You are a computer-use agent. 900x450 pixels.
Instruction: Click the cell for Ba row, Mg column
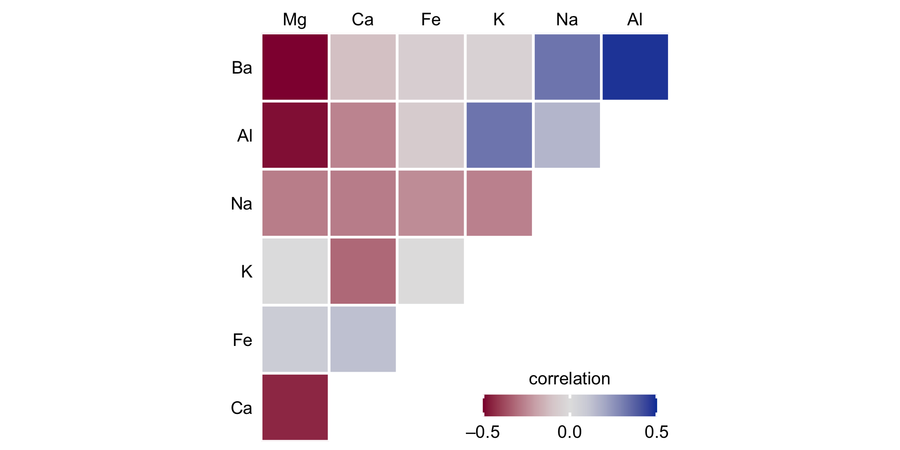295,67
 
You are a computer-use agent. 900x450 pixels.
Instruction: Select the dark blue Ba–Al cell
635,67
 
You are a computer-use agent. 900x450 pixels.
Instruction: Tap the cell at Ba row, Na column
567,67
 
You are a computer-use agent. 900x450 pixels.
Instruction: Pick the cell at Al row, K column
499,135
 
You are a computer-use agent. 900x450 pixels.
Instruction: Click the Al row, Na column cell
567,135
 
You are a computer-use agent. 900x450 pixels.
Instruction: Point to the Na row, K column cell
499,203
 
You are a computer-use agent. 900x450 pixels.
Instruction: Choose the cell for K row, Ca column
363,271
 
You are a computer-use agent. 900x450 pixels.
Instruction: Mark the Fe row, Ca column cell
363,339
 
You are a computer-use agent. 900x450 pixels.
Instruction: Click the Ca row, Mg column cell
295,407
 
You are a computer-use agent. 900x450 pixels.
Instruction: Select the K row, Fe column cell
431,271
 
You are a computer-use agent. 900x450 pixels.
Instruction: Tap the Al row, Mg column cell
295,135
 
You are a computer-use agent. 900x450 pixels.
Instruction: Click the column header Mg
295,20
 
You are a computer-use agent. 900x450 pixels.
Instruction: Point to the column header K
499,20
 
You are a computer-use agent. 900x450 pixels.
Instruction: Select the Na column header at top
567,20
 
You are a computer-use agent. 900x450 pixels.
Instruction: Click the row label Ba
242,68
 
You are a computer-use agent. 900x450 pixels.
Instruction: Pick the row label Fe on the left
242,340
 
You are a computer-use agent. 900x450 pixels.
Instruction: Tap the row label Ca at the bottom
241,408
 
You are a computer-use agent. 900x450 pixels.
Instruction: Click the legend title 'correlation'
569,379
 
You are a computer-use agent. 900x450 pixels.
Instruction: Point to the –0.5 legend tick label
482,432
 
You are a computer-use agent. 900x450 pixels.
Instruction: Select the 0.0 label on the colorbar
569,432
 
